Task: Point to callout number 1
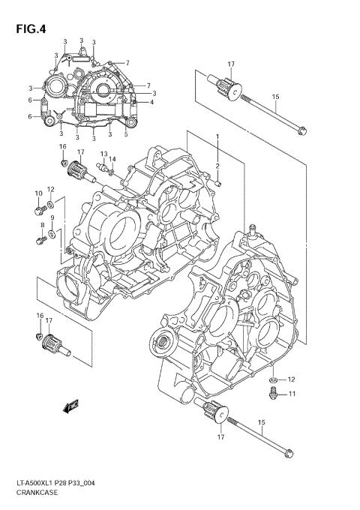[218, 136]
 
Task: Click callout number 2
[218, 166]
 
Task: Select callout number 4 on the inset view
[152, 103]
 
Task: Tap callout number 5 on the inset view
[125, 134]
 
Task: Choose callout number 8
[42, 225]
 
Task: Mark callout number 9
[52, 218]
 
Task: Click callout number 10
[37, 193]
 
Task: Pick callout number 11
[292, 394]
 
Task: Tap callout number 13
[104, 154]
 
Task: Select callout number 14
[112, 159]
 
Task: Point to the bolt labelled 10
[37, 211]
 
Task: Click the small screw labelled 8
[40, 240]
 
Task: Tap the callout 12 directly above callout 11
[292, 379]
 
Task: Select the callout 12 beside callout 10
[51, 189]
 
